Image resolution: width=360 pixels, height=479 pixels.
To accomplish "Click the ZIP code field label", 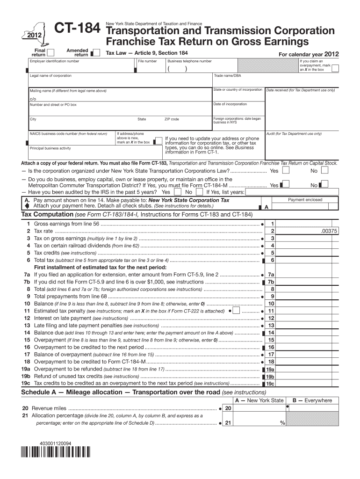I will (x=172, y=119).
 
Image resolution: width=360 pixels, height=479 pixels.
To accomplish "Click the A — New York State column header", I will (x=259, y=400).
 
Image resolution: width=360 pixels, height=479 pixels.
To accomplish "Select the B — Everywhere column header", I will (x=312, y=400).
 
